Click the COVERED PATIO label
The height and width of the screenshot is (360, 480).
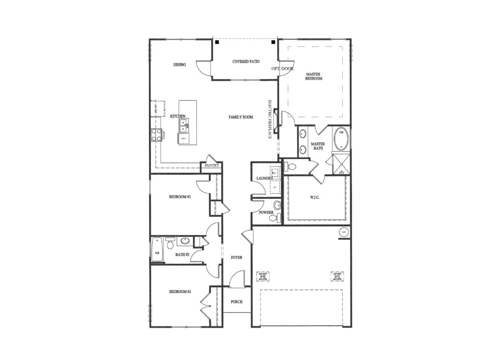(246, 61)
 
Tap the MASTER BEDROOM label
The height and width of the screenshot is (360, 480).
(314, 76)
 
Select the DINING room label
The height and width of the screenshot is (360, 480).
(180, 65)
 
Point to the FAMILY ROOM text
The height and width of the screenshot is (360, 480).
(241, 117)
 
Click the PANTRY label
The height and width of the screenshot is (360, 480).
(211, 165)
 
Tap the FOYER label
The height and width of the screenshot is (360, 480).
(237, 257)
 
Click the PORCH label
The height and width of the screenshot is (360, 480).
(237, 301)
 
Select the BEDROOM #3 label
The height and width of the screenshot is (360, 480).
(180, 197)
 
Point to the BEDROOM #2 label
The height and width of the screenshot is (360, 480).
(180, 292)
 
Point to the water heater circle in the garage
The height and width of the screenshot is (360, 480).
(344, 232)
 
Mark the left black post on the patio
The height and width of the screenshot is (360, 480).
(217, 43)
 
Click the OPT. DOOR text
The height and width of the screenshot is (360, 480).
(282, 68)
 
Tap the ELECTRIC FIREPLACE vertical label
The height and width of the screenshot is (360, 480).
(270, 120)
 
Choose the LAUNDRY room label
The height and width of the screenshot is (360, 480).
(264, 179)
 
